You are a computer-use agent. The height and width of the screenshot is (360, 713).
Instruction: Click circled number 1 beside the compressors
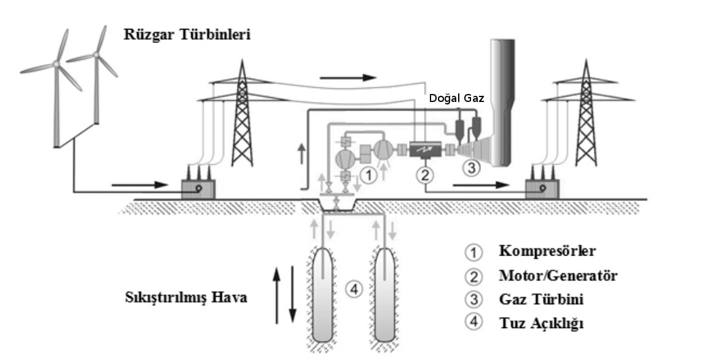click(x=368, y=176)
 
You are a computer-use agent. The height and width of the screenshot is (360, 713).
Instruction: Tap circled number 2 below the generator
click(x=425, y=175)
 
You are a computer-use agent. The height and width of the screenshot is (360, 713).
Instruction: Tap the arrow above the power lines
click(x=348, y=78)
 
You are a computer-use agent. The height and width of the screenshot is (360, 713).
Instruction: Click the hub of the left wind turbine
click(x=56, y=64)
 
